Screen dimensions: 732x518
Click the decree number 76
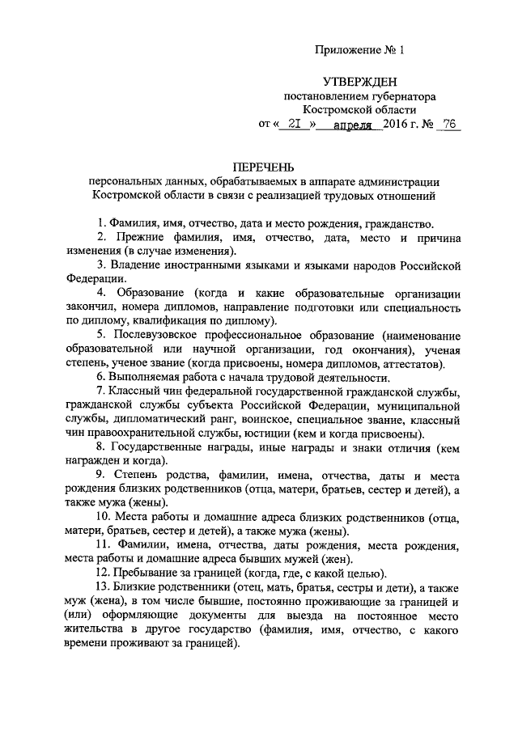(447, 125)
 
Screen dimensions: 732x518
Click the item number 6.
(99, 378)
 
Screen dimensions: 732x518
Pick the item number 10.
(103, 518)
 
